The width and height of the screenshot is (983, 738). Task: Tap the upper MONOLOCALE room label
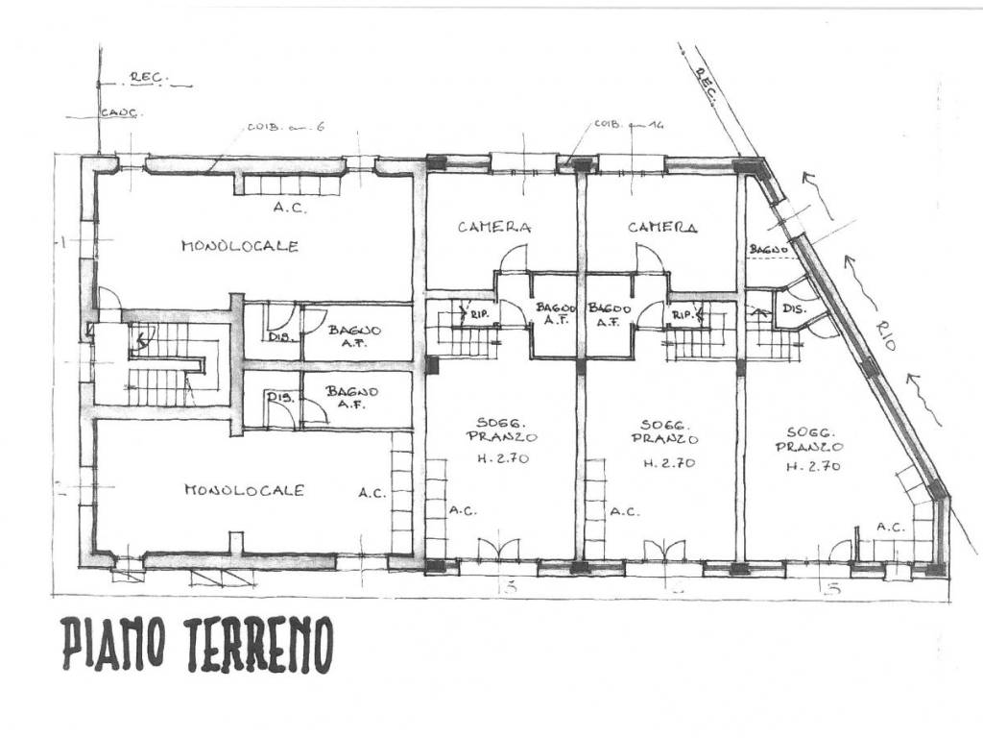(x=240, y=246)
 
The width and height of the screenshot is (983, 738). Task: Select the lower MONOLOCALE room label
(x=244, y=490)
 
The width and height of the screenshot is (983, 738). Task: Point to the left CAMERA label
(x=494, y=228)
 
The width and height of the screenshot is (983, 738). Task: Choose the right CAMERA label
(x=662, y=228)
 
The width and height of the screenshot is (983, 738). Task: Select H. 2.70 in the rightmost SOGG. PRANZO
(x=813, y=467)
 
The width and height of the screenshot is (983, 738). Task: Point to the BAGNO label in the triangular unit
(x=768, y=250)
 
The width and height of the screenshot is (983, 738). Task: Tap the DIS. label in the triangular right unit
(x=792, y=309)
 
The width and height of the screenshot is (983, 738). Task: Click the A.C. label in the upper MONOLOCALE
(x=290, y=207)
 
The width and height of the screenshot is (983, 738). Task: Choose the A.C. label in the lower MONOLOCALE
(x=372, y=493)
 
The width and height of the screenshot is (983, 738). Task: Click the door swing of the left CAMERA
(x=515, y=258)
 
